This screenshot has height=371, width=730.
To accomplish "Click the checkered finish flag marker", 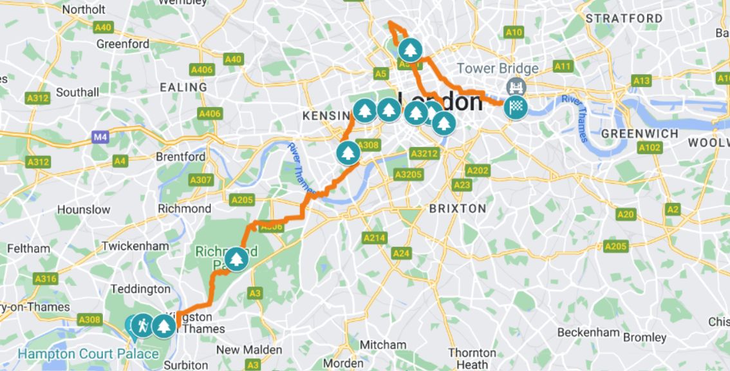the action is click(x=516, y=108).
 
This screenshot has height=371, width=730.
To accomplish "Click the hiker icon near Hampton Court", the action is click(x=142, y=326).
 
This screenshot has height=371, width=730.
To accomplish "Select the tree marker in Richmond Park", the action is click(x=237, y=259).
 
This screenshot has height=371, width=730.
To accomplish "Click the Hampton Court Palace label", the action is click(x=88, y=354).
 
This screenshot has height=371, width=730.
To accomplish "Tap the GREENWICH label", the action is click(x=639, y=133).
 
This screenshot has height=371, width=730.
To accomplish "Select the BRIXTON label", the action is click(x=458, y=209).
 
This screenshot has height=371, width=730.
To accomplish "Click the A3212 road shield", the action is click(x=424, y=153).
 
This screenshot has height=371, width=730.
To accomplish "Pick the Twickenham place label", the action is click(x=135, y=245).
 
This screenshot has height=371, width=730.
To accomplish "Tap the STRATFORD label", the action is click(x=624, y=19).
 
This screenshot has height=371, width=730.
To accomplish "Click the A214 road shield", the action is click(x=375, y=238).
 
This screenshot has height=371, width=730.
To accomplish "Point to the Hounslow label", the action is click(x=84, y=209).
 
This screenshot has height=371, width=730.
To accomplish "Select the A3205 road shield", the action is click(x=408, y=175).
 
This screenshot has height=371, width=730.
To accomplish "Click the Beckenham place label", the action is click(x=588, y=332).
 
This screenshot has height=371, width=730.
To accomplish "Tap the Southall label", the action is click(x=77, y=92).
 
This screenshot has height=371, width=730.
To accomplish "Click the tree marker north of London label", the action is click(x=410, y=50).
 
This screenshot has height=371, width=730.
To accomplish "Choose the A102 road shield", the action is click(x=650, y=147).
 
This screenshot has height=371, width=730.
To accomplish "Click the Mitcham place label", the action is click(x=382, y=345).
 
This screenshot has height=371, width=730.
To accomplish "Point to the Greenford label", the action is click(x=122, y=44).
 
